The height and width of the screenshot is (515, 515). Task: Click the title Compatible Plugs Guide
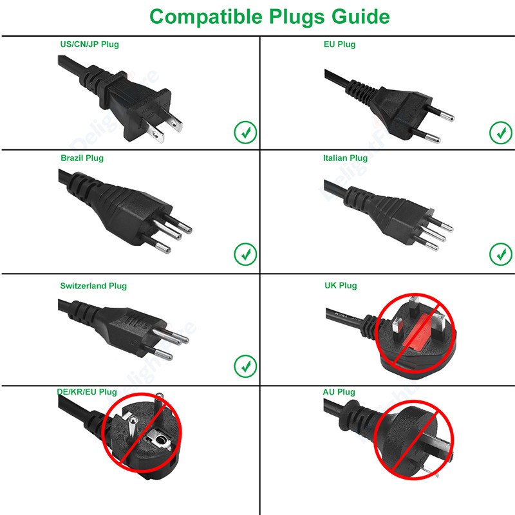269,16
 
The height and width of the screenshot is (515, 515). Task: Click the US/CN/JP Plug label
89,44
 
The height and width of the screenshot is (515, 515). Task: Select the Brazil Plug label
82,158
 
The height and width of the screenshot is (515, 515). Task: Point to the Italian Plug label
345,158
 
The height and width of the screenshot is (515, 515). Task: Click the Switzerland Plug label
93,285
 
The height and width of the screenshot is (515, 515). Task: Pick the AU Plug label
339,391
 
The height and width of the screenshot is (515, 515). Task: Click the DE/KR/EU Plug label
87,391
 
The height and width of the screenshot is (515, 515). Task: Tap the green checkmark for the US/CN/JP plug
245,133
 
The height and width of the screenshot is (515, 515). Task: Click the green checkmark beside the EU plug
500,133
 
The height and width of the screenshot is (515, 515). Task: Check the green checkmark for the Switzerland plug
245,366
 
